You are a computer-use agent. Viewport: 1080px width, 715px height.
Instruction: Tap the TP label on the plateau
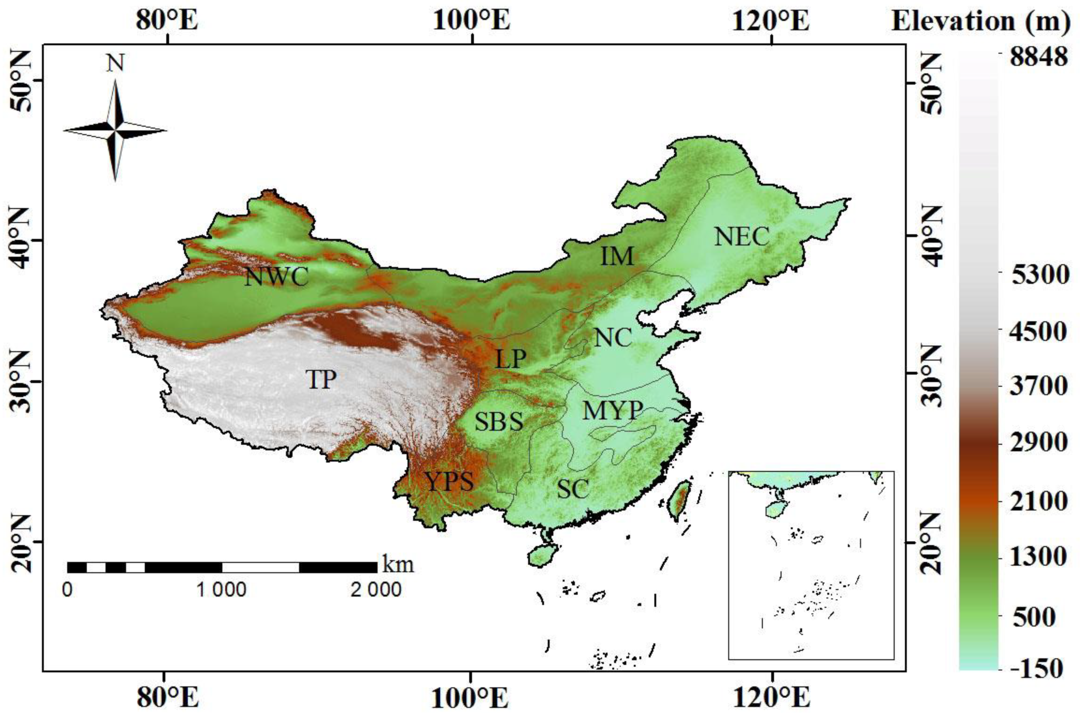point(321,379)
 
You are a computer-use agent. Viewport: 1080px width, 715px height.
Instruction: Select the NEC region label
point(742,237)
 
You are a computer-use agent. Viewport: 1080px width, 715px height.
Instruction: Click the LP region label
point(510,359)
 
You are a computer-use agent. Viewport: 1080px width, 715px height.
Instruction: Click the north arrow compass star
point(115,130)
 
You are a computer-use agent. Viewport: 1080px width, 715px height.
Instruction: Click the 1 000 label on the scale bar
point(222,590)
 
